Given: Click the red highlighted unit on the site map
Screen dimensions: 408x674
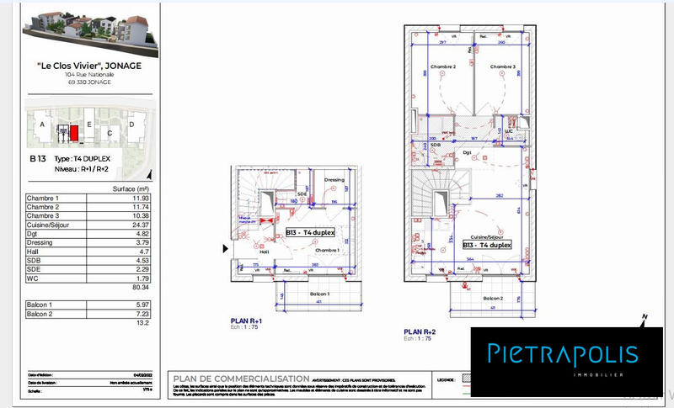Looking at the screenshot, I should click(x=73, y=133).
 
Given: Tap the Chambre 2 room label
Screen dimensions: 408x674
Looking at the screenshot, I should click(x=442, y=66).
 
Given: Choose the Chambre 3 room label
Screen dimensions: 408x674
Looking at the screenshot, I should click(x=503, y=66).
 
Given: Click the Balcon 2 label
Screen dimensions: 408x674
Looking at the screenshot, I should click(x=493, y=299).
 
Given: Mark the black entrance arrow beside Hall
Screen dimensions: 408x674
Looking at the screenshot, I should click(x=224, y=249).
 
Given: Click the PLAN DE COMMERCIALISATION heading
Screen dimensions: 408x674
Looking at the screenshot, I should click(x=238, y=378).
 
